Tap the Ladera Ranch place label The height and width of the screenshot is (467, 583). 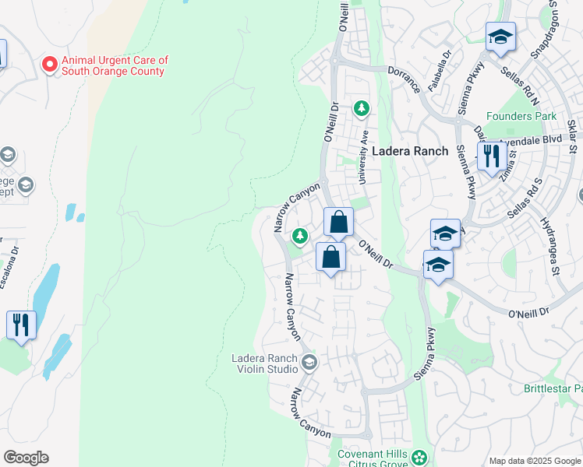click(409, 151)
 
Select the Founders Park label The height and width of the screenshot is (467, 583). click(521, 116)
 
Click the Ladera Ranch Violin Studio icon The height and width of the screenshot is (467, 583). click(309, 363)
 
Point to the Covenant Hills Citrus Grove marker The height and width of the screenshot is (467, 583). click(420, 456)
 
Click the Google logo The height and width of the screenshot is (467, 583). click(26, 458)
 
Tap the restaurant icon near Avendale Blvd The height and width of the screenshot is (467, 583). click(490, 156)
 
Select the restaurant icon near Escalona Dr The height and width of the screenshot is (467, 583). click(21, 324)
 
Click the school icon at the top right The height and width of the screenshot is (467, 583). click(500, 37)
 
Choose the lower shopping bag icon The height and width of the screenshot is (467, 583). click(331, 256)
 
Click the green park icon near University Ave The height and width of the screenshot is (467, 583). click(361, 108)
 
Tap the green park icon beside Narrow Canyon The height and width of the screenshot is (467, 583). click(299, 235)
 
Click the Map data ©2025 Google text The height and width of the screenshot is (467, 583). click(534, 461)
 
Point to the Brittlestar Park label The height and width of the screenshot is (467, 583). click(553, 388)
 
